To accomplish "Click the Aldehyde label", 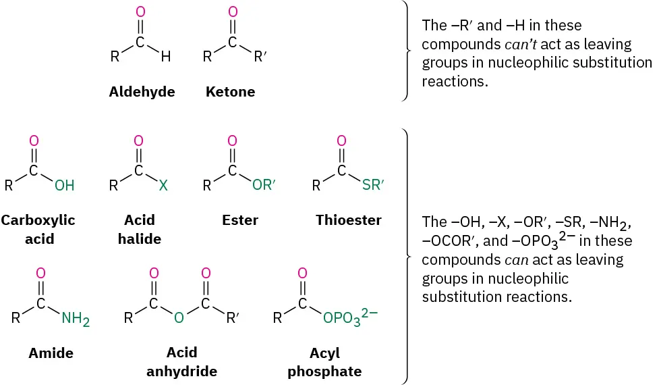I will [x=142, y=92].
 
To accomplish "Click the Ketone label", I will [x=230, y=92].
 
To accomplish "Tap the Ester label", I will [x=239, y=220].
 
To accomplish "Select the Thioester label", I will [x=348, y=220].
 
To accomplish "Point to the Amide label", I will [x=51, y=353].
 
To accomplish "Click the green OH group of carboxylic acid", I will [x=65, y=185].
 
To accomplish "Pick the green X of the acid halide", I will [x=163, y=185].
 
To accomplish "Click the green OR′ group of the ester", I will [x=264, y=185].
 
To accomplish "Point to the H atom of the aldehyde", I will [x=165, y=57].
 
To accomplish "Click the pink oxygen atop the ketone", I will [x=233, y=11].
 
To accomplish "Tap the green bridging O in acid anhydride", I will [x=179, y=318].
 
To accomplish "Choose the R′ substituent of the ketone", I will [x=261, y=57].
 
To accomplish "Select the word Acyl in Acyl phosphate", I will [x=324, y=354].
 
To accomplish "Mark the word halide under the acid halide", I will [x=139, y=239].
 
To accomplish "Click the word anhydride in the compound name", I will [x=182, y=371].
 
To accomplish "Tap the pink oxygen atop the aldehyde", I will [x=140, y=11].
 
